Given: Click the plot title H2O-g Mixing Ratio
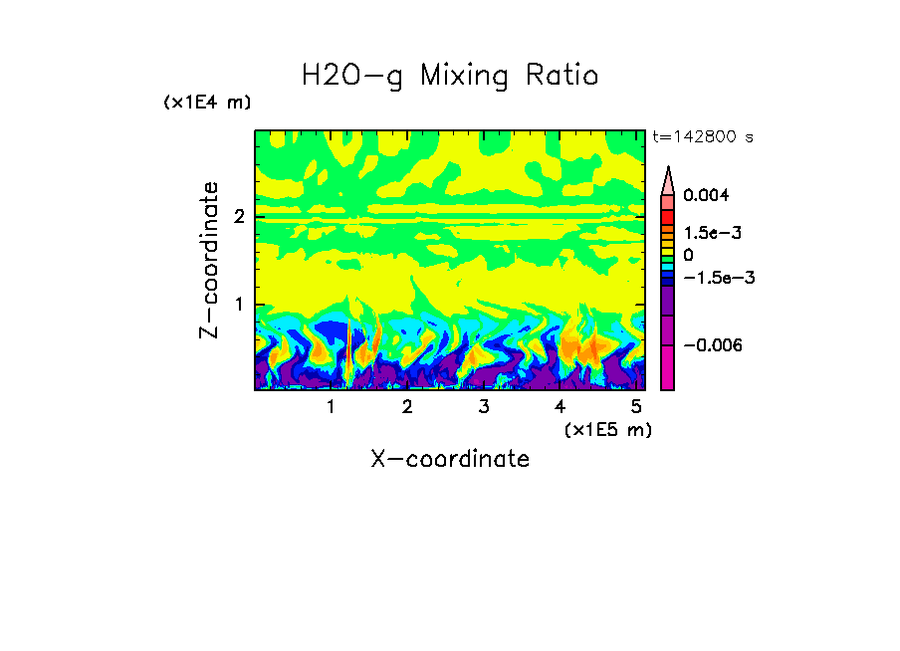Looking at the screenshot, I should coord(450,76).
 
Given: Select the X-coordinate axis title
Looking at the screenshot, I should coord(450,459).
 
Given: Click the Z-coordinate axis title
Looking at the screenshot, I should coord(209,260).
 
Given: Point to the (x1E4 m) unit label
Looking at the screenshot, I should coord(207,103).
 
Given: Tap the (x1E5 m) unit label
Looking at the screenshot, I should coord(607,429).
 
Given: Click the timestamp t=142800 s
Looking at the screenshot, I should coord(702,136).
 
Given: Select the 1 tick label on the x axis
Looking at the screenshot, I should coord(331,407).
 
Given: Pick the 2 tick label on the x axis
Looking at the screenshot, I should coord(407,407).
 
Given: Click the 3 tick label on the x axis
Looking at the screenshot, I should coord(483,407).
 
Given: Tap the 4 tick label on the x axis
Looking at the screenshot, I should coord(560,407).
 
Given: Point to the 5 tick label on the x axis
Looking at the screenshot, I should coord(635,407).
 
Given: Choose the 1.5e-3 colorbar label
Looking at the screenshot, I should coord(706,233).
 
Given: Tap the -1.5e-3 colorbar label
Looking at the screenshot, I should coord(712,278).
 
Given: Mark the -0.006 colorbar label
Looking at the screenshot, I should coord(707,345).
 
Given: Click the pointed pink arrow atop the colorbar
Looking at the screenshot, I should coord(667,179).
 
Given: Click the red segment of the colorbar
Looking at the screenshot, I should coord(667,216).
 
